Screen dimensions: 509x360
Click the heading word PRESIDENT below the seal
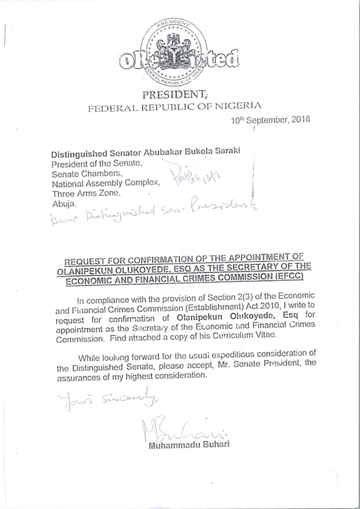(x=174, y=95)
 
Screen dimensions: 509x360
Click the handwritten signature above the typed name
(x=172, y=428)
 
